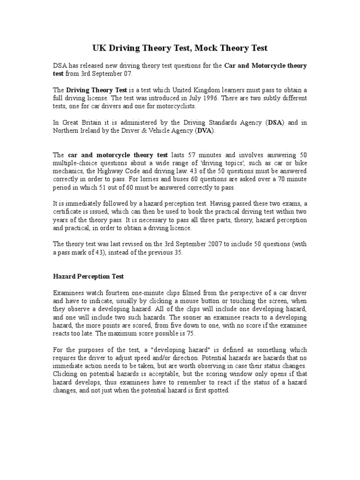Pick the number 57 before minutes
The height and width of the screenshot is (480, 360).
point(195,155)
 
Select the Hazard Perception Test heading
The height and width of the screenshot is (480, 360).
point(88,277)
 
